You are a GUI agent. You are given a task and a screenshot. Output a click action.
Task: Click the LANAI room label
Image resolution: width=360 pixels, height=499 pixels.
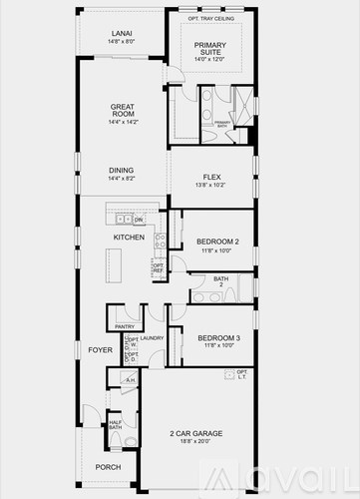(121, 32)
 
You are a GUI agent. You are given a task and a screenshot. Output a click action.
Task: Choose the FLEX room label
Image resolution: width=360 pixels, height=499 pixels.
(211, 177)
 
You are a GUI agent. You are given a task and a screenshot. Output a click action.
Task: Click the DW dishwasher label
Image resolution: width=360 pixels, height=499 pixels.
(139, 220)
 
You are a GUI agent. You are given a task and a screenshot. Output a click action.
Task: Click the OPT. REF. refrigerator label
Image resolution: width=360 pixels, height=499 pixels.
(158, 268)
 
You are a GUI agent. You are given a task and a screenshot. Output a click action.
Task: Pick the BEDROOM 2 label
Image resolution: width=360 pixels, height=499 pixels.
(216, 242)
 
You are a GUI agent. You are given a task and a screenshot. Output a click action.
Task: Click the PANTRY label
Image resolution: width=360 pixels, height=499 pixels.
(125, 326)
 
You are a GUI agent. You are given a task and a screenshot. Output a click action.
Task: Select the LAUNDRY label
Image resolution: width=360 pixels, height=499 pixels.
(152, 338)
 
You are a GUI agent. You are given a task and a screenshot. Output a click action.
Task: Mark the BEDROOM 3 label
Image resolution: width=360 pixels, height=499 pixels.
(216, 338)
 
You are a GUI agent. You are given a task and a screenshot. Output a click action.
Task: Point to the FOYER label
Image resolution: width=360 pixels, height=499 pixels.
(100, 350)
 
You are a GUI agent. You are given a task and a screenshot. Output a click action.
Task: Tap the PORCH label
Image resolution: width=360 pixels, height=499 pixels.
(108, 467)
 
